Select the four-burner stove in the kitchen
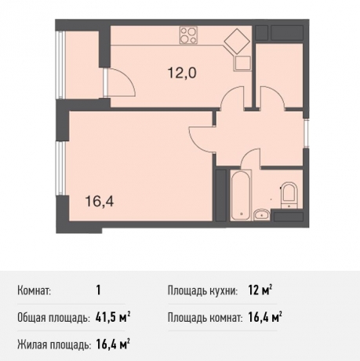[189, 35]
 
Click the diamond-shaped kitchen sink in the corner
[235, 41]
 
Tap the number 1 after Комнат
[98, 290]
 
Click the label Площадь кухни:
[202, 291]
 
